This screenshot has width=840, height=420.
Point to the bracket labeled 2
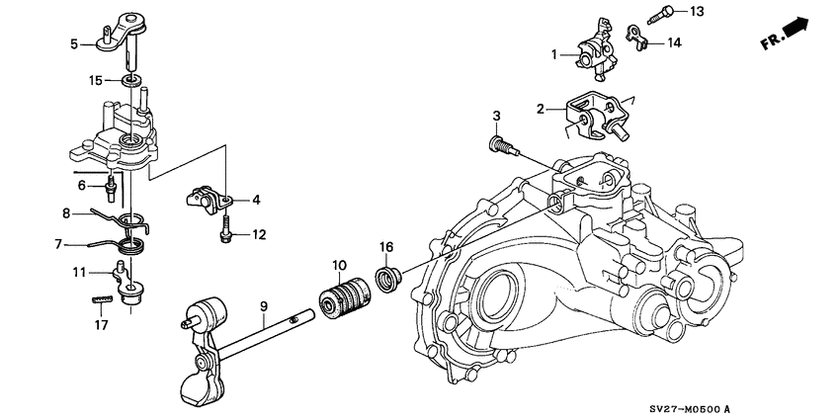[x=596, y=116]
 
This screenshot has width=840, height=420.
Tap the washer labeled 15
[x=130, y=79]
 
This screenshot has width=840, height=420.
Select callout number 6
[x=84, y=184]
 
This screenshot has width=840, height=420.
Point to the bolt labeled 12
[x=224, y=234]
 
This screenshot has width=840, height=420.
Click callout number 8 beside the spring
[x=67, y=211]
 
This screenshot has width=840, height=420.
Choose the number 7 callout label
[x=58, y=242]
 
